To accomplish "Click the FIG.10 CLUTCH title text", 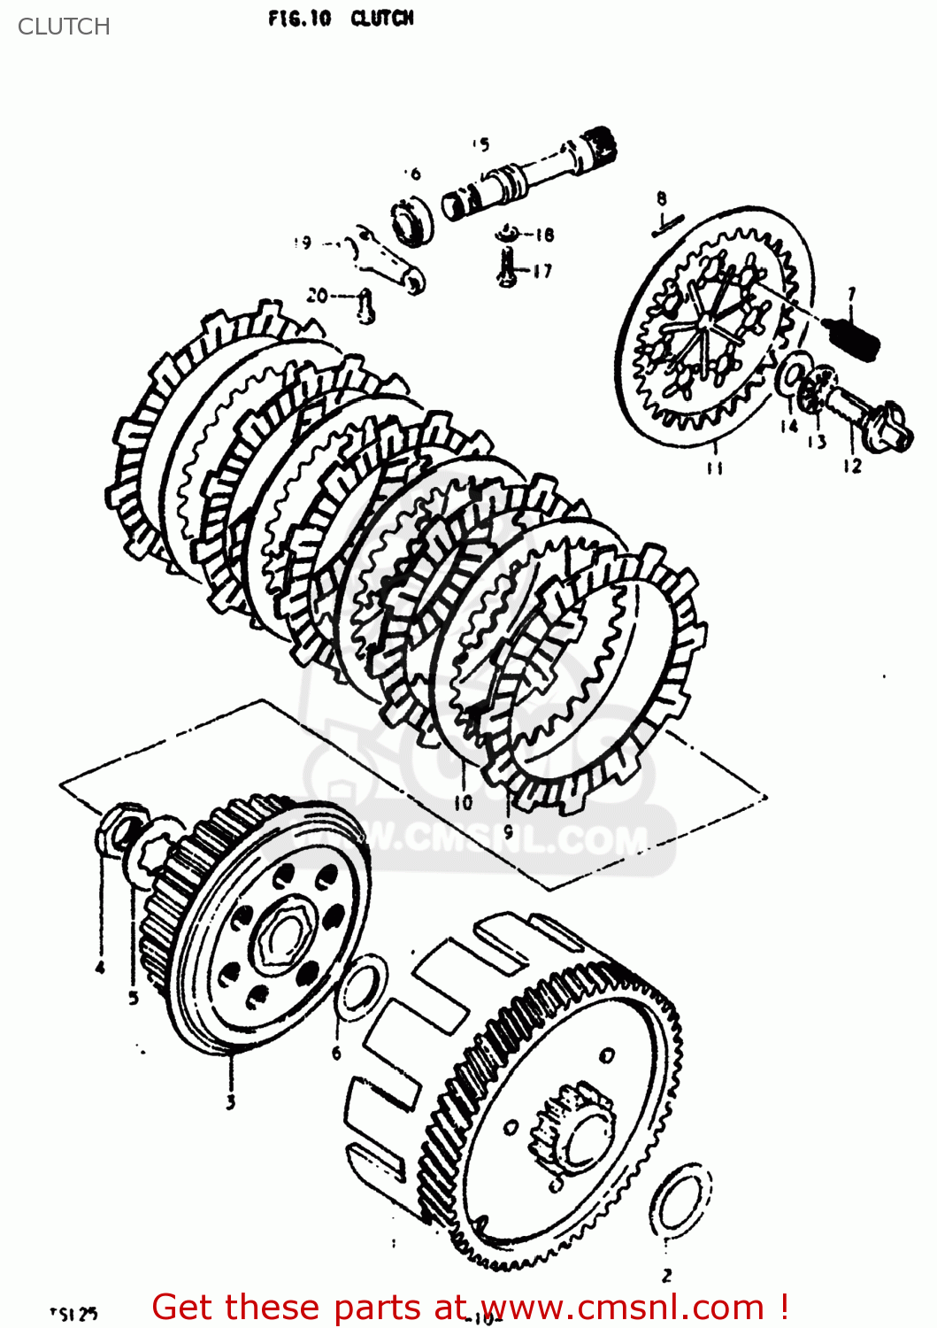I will click(341, 19).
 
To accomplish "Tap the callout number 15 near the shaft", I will click(480, 145).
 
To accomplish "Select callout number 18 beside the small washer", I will click(543, 235).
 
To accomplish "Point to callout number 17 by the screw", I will click(541, 271).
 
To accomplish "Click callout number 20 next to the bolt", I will click(317, 297).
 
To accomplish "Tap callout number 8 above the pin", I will click(662, 198).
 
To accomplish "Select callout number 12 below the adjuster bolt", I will click(852, 466).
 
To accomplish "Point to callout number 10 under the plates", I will click(463, 802).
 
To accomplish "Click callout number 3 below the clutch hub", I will click(230, 1101).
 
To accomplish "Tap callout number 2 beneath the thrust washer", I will click(666, 1275).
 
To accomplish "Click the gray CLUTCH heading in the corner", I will click(64, 27).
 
